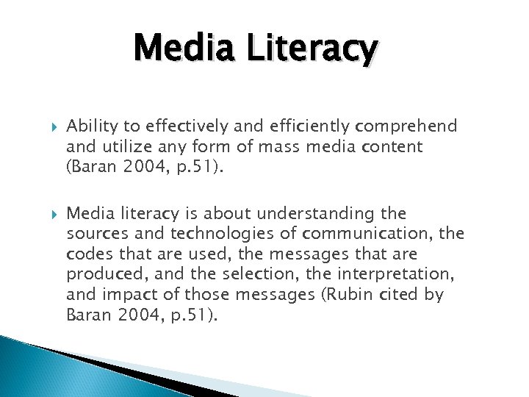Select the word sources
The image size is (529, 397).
click(93, 234)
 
